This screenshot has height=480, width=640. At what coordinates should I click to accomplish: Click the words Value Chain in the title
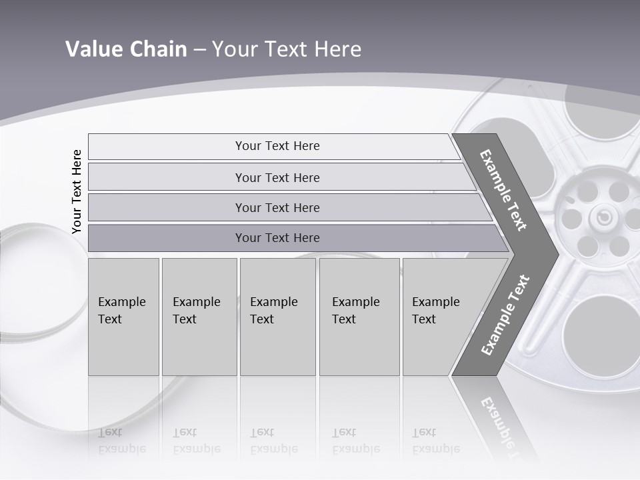click(x=126, y=49)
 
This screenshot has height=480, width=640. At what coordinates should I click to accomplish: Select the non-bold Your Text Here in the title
click(x=287, y=49)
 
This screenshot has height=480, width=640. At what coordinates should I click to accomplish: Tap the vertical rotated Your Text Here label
click(x=77, y=191)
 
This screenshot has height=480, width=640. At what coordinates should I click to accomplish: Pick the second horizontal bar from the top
click(x=277, y=177)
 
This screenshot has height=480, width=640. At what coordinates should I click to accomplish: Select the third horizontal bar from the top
click(x=277, y=207)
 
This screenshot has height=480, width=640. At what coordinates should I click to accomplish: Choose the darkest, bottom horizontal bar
click(x=277, y=238)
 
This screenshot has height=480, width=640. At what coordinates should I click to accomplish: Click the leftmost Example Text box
click(x=123, y=317)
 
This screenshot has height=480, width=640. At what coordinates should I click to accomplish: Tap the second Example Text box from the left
click(x=199, y=317)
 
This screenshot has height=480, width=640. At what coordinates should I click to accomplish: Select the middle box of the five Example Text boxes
click(x=277, y=317)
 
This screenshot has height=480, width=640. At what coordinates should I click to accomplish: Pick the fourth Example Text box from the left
click(x=359, y=317)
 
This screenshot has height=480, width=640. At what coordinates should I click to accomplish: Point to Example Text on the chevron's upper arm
click(x=503, y=190)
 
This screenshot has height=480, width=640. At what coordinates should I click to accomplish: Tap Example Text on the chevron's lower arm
click(x=505, y=315)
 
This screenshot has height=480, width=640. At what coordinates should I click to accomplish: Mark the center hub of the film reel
click(x=603, y=217)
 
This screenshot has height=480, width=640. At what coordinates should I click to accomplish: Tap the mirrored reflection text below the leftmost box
click(x=122, y=440)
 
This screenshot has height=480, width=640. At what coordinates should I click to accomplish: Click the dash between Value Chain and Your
click(x=199, y=50)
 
